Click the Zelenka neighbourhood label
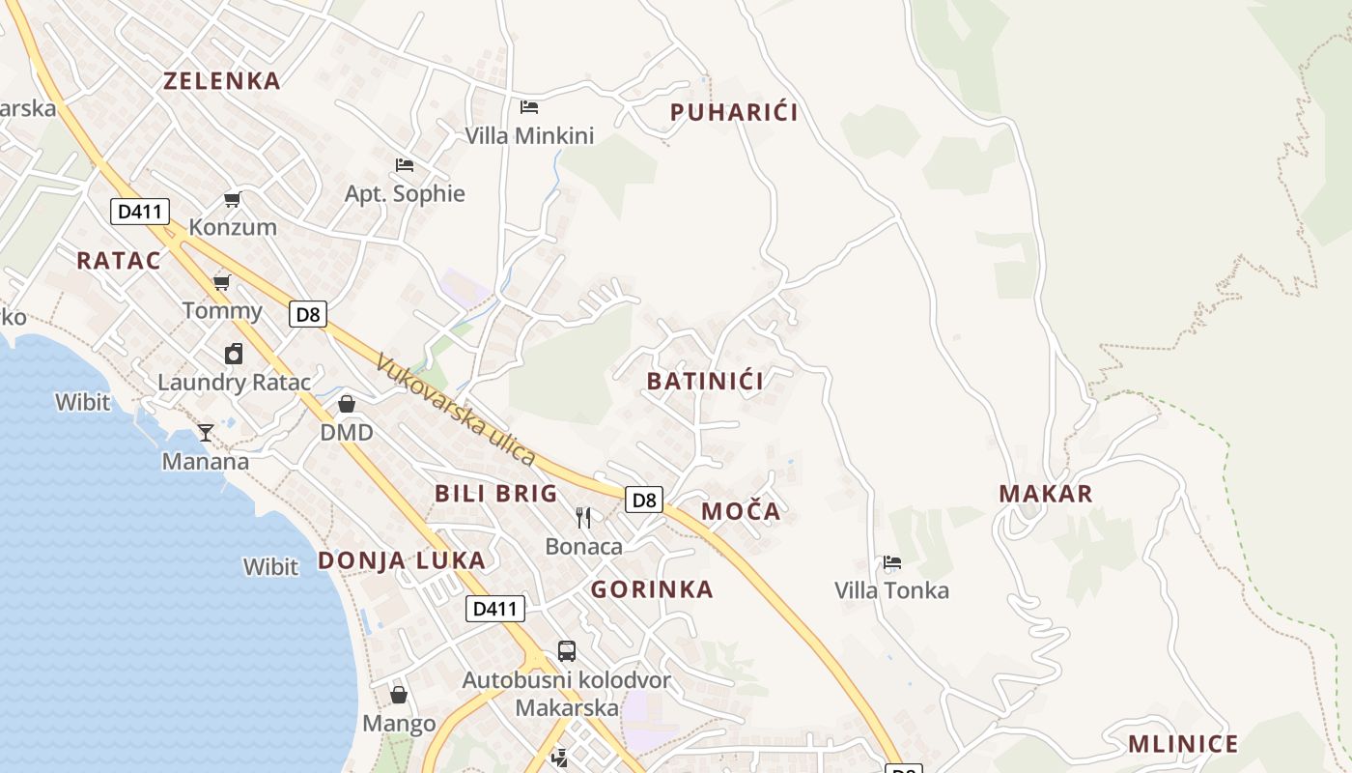pos(222,80)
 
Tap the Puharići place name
pos(734,113)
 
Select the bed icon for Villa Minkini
pos(529,106)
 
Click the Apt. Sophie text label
pos(405,193)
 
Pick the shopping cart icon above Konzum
pos(232,200)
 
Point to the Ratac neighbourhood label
pos(118,260)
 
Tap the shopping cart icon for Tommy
pos(222,282)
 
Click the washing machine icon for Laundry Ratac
pos(234,354)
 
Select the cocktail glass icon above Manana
pos(205,432)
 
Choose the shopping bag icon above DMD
pos(347,404)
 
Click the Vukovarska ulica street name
pos(455,410)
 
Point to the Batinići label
pos(705,381)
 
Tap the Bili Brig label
pos(496,494)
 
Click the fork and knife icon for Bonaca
pos(583,518)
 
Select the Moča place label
pos(741,511)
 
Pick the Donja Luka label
pos(402,560)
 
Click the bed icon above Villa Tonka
pos(892,562)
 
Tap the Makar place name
pos(1046,494)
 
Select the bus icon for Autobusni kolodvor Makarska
pos(567,651)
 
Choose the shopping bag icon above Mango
pos(399,695)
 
